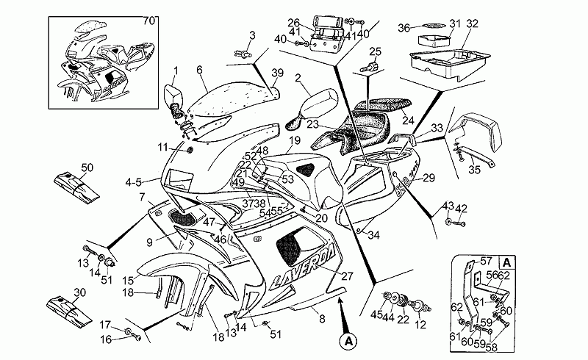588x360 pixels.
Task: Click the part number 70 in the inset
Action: pyautogui.click(x=149, y=20)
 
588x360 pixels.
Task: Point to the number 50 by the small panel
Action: pyautogui.click(x=87, y=168)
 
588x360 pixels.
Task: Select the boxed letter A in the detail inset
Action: pyautogui.click(x=506, y=261)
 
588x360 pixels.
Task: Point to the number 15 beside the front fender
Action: pyautogui.click(x=126, y=279)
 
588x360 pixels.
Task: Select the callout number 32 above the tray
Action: pyautogui.click(x=472, y=24)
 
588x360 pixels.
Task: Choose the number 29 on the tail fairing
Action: pyautogui.click(x=429, y=178)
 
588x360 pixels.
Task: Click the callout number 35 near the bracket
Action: pyautogui.click(x=474, y=170)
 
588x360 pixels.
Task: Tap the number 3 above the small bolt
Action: pyautogui.click(x=251, y=35)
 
